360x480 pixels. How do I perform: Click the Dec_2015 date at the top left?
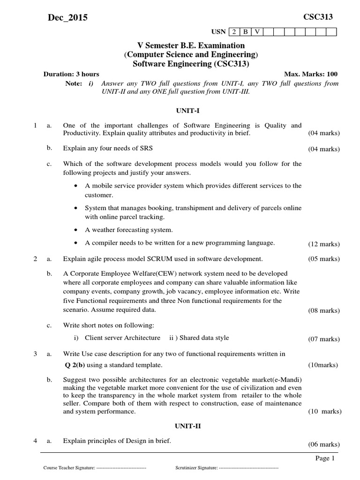67,18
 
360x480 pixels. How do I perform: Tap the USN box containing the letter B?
245,32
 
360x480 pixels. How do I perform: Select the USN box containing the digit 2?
233,32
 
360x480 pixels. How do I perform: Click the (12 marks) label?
324,244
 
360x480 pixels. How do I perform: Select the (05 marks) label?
324,259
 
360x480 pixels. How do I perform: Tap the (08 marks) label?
324,310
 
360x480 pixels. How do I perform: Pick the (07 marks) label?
324,339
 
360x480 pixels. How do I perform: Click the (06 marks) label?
324,444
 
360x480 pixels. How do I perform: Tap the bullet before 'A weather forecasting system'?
76,230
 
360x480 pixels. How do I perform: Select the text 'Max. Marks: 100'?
310,74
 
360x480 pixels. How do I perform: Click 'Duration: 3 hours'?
71,74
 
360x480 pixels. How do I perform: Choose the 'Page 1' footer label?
323,458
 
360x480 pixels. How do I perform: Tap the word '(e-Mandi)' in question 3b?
287,379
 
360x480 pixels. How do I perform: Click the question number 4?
35,441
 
